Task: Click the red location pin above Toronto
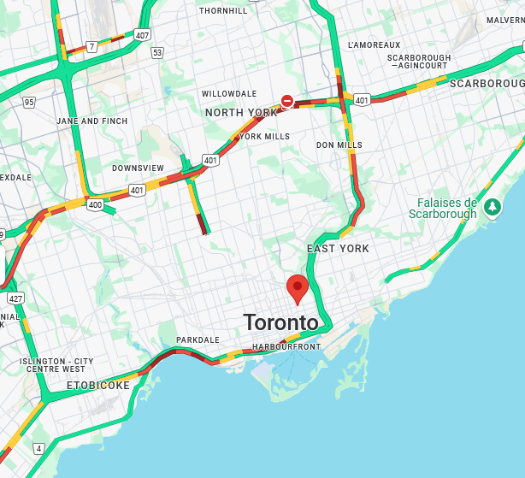(x=298, y=288)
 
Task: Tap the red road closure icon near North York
(x=287, y=102)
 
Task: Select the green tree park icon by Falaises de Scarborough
(x=493, y=207)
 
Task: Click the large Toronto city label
(x=280, y=323)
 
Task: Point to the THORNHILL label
(x=222, y=11)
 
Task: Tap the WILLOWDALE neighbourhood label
(x=229, y=94)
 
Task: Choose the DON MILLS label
(x=339, y=145)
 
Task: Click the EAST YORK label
(x=338, y=249)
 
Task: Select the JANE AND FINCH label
(x=91, y=121)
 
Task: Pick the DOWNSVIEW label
(x=138, y=168)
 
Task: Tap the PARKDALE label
(x=198, y=340)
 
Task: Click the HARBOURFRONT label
(x=286, y=347)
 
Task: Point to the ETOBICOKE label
(x=98, y=386)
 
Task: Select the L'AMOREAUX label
(x=374, y=44)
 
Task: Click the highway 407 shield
(x=141, y=35)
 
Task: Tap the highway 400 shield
(x=95, y=204)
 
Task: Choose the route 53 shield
(x=156, y=53)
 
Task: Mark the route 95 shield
(x=29, y=102)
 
